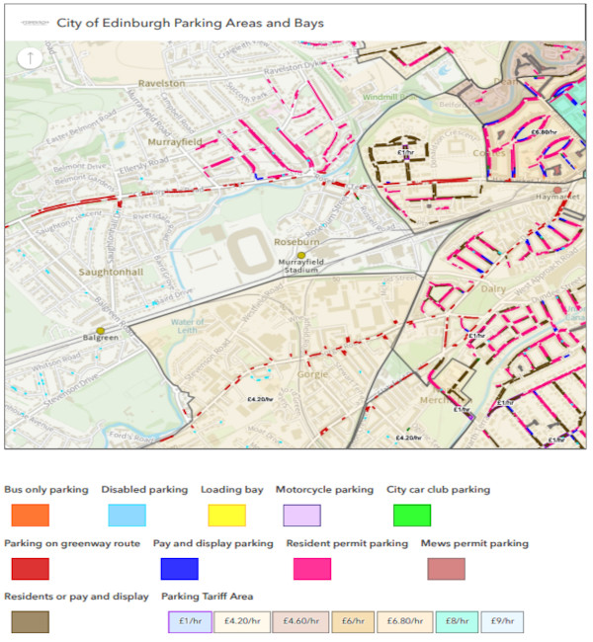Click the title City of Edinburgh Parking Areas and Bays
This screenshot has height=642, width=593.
pos(190,22)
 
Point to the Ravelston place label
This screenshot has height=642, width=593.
pos(162,84)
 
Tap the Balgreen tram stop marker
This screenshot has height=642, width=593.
pos(101,331)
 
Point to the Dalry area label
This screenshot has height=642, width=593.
pos(492,289)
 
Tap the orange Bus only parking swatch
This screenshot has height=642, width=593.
pos(31,515)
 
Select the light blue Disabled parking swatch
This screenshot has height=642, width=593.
pos(127,515)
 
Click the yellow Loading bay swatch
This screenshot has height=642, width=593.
pos(226,515)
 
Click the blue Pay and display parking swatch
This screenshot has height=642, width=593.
pos(179,569)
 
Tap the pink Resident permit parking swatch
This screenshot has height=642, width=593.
pos(312,569)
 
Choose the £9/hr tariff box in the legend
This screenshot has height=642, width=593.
pos(502,622)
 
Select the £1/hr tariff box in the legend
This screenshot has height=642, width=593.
pos(190,622)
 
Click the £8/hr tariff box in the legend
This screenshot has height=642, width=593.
pos(457,622)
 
